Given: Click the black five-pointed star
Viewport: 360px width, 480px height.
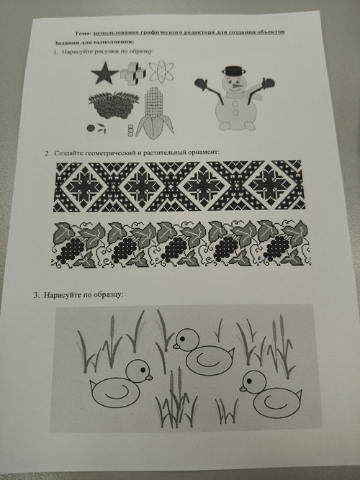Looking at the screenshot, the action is [104, 74].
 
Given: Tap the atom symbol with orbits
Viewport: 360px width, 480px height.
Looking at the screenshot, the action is [161, 71].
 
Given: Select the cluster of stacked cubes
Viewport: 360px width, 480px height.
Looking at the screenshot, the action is [133, 74].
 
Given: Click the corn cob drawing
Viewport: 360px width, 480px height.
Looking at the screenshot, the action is [155, 114].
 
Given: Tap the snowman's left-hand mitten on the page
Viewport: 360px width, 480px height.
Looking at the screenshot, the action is [201, 83].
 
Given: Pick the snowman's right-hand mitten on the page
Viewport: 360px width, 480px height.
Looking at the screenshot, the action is [268, 83].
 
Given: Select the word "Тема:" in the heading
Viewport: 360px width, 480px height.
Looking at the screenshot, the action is [83, 33].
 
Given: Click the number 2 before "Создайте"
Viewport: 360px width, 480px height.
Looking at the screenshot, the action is [47, 153].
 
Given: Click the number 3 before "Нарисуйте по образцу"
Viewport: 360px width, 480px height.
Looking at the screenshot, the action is [36, 295].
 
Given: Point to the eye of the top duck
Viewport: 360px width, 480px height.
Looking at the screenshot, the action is [182, 339].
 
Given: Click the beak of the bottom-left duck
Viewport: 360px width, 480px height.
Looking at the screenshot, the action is [149, 377].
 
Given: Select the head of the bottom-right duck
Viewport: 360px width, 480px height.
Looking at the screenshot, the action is [253, 382].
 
